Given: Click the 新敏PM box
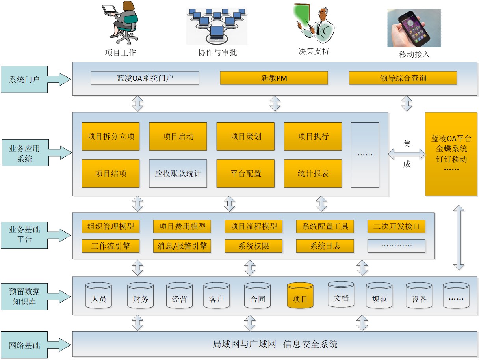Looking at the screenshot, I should (274, 78).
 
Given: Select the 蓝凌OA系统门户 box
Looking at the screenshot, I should (145, 78).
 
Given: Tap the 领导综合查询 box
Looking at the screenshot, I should (403, 78).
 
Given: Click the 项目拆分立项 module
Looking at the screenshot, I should (110, 136).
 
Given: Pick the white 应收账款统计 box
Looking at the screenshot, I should (178, 173).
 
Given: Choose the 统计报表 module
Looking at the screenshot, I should (313, 173).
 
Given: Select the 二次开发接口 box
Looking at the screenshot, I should (396, 226).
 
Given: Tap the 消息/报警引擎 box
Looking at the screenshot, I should (182, 246).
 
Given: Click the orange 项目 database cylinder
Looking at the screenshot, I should (300, 296).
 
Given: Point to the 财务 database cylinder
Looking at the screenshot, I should (140, 296).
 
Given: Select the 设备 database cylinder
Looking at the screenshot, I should (419, 296).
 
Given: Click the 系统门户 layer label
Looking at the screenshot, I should (25, 79).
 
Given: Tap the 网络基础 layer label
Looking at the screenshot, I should (25, 345).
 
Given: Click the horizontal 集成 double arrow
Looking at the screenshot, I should (407, 154).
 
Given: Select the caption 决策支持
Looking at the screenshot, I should (314, 51).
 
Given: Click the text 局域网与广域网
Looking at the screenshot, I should (244, 344).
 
